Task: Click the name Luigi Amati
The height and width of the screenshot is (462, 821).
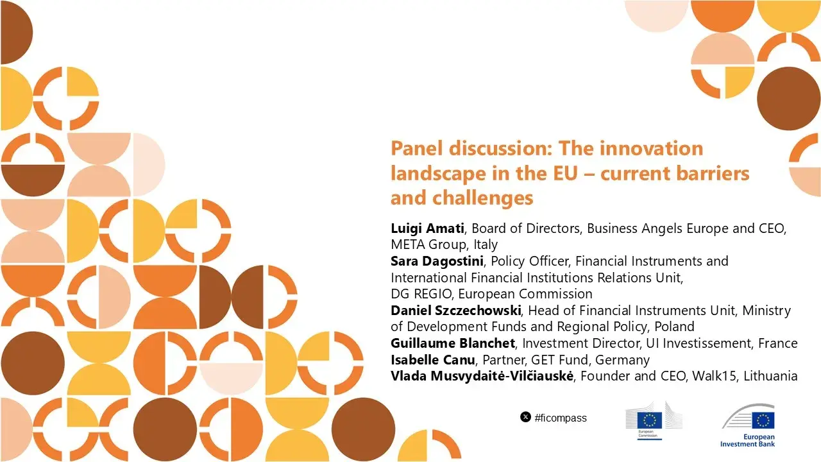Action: (x=428, y=228)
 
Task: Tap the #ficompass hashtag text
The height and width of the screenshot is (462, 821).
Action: (x=561, y=418)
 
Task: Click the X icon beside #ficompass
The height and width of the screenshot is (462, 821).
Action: (x=525, y=418)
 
